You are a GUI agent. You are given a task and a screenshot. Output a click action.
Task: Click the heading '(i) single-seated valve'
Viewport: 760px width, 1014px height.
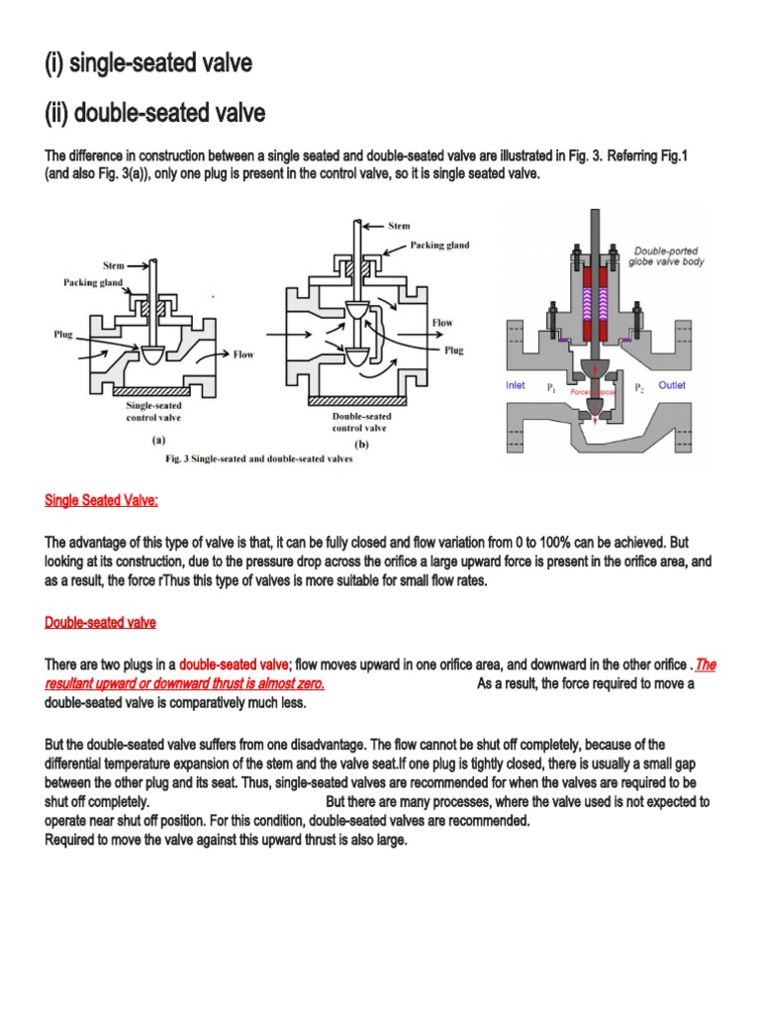[148, 64]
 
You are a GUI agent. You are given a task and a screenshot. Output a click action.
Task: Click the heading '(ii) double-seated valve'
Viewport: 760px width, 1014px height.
[155, 114]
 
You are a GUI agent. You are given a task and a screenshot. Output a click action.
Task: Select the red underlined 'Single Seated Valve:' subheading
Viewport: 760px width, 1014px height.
[101, 501]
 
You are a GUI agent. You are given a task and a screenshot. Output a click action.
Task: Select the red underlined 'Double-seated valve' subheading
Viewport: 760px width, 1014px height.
[100, 623]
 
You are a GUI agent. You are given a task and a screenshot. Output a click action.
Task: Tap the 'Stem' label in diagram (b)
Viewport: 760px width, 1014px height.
[399, 226]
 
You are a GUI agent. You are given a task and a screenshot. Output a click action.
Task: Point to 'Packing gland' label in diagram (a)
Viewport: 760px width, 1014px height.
[90, 283]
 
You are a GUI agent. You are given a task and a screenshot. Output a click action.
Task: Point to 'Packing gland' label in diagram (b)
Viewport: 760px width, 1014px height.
[439, 244]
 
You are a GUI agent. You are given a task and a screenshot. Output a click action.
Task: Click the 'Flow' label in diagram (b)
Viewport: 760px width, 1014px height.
[441, 324]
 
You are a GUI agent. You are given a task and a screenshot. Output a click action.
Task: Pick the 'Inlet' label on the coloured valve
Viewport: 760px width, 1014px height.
[517, 385]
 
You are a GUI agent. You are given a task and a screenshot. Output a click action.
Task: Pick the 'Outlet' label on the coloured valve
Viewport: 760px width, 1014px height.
[672, 385]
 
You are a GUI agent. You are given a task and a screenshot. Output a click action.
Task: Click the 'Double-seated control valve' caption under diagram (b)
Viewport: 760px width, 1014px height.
[361, 422]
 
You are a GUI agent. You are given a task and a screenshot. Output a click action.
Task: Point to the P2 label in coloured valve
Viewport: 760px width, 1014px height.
[638, 387]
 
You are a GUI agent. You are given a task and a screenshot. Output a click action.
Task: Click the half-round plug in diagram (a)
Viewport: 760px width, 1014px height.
[153, 353]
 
